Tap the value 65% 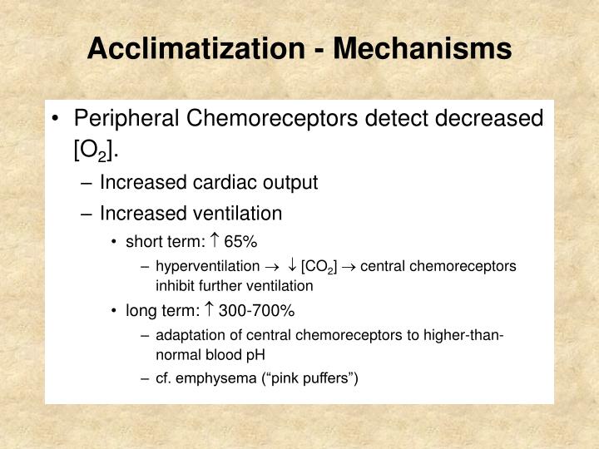pyautogui.click(x=241, y=242)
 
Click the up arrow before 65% pyautogui.click(x=214, y=242)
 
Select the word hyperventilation pyautogui.click(x=207, y=266)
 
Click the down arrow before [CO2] pyautogui.click(x=292, y=266)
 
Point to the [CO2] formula pyautogui.click(x=319, y=267)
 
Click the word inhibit pyautogui.click(x=174, y=285)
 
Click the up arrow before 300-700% pyautogui.click(x=209, y=311)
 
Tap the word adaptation pyautogui.click(x=188, y=335)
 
